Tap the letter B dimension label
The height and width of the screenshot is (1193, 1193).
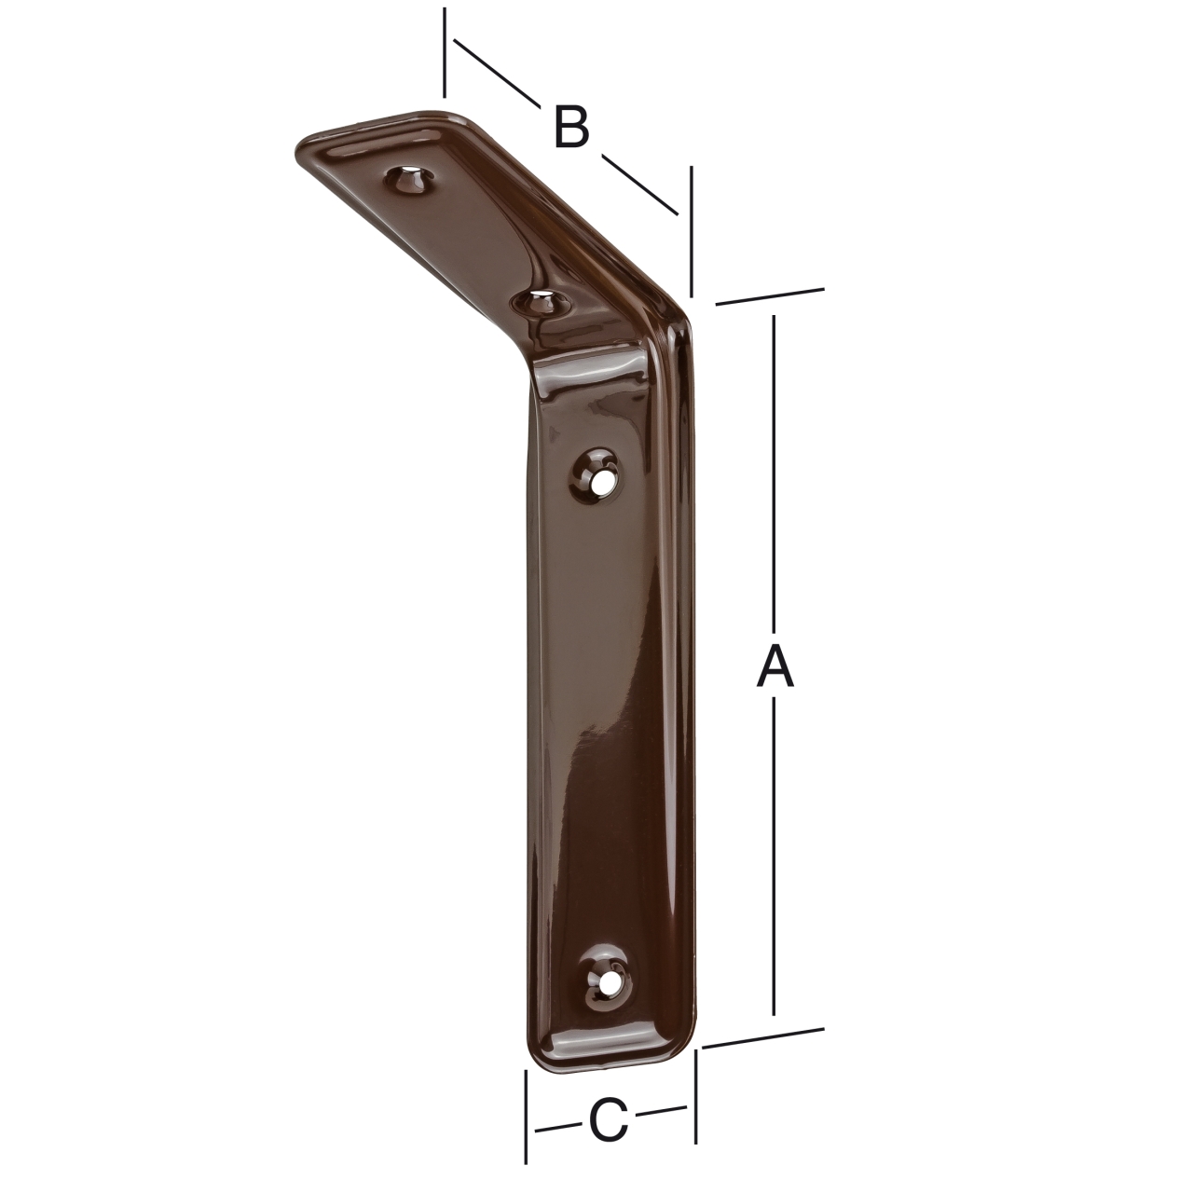pos(571,128)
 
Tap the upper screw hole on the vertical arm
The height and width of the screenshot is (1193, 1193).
pos(599,474)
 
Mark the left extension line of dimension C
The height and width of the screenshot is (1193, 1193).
pos(527,1116)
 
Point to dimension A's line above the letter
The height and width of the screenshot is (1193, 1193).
pos(774,466)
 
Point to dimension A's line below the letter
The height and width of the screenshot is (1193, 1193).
pos(774,857)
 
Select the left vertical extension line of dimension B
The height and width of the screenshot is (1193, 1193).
pos(446,52)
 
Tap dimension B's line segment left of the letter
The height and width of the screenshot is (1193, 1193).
pos(494,72)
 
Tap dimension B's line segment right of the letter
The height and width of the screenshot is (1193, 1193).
pos(638,185)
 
